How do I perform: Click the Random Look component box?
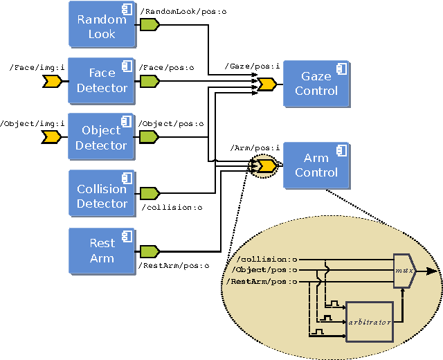point(102,26)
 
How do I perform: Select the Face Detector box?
point(102,80)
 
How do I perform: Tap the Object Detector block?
point(102,137)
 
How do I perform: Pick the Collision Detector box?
point(102,195)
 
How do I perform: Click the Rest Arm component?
point(102,250)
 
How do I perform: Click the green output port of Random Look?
point(150,25)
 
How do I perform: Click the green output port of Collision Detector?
point(150,193)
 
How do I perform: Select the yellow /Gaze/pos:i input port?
point(266,84)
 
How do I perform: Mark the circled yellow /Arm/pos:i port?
point(266,166)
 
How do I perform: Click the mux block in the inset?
point(403,271)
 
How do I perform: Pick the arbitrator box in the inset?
point(370,321)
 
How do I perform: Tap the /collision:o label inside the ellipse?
point(266,260)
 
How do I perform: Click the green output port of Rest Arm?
point(150,251)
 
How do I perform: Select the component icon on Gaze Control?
point(341,68)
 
